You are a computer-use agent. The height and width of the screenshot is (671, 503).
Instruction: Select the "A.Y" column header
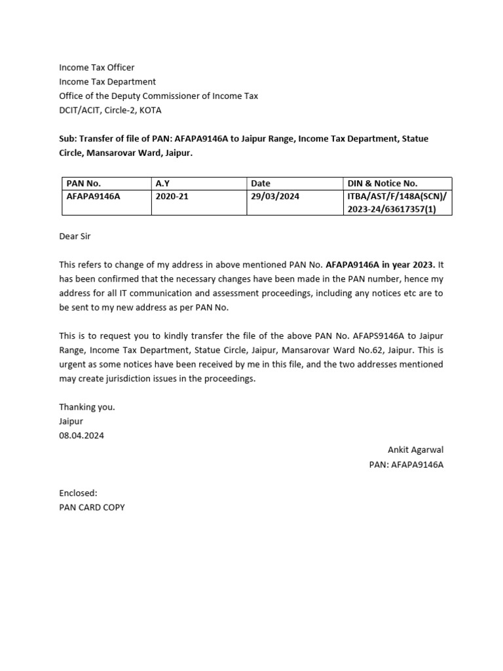click(x=163, y=183)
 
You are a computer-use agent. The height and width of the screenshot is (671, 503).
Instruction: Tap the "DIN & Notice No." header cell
click(x=382, y=183)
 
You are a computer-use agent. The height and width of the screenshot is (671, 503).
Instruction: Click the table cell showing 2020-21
click(x=172, y=196)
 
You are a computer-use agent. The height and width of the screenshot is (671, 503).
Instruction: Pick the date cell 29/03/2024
click(x=275, y=196)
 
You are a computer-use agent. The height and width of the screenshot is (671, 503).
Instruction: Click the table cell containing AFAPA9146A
click(x=94, y=196)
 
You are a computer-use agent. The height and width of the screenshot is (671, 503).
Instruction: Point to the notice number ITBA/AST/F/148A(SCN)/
click(x=397, y=196)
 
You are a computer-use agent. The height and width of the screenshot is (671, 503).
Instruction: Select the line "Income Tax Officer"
click(x=96, y=67)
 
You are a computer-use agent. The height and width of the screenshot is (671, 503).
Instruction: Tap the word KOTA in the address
click(x=150, y=110)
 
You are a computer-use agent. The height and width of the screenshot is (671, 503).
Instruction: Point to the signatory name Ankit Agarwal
click(x=415, y=450)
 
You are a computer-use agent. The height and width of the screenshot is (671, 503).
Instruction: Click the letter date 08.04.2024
click(x=81, y=435)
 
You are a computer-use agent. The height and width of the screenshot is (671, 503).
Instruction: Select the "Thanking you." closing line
click(x=87, y=407)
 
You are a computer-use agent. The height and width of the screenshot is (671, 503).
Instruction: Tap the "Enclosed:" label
click(x=78, y=493)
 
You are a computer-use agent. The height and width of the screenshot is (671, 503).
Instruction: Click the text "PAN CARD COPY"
click(x=92, y=507)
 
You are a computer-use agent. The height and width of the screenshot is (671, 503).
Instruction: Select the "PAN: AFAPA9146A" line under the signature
click(x=406, y=464)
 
